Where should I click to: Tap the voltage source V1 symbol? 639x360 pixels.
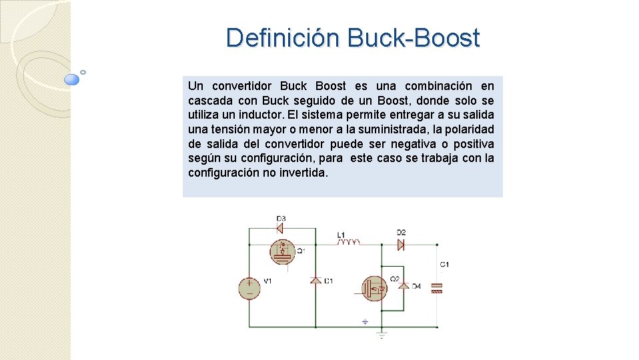249,287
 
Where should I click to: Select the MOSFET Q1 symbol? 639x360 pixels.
282,251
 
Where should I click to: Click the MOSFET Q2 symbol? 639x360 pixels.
374,288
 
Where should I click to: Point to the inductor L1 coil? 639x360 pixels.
348,242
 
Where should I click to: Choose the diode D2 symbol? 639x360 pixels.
401,244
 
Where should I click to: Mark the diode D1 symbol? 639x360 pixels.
315,281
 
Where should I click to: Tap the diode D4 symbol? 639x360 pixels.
403,286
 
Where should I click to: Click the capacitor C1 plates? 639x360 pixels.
438,288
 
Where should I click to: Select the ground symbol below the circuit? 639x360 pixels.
381,333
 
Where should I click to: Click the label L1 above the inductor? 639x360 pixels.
341,235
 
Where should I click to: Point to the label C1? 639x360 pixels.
444,265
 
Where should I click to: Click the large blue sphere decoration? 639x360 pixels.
72,80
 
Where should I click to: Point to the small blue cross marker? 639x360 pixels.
365,321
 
